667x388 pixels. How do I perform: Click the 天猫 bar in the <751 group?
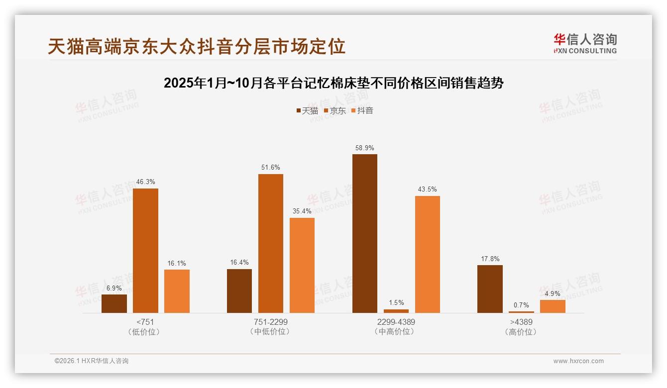[x=114, y=304]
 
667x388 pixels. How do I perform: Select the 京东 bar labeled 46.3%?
[x=145, y=251]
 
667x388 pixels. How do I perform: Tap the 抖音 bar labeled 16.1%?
[x=177, y=291]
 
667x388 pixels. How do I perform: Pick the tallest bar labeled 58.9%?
[x=365, y=234]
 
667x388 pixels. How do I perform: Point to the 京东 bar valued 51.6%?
[x=271, y=244]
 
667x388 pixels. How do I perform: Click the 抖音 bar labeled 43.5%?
[x=428, y=255]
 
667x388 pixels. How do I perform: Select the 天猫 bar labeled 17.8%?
[x=490, y=289]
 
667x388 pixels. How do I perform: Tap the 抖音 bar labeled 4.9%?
[x=553, y=306]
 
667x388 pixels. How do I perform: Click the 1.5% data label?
[x=396, y=302]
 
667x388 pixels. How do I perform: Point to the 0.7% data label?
[x=522, y=305]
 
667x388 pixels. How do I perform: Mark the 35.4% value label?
[x=302, y=211]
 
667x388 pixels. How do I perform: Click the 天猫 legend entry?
[x=307, y=110]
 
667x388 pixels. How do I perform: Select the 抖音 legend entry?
[x=362, y=110]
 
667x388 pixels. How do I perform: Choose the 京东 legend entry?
[x=334, y=110]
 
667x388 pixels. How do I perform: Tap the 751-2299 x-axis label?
[x=270, y=322]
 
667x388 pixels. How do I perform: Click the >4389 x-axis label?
[x=521, y=322]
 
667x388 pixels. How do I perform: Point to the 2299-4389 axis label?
[x=396, y=322]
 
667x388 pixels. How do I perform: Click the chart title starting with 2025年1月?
[x=333, y=83]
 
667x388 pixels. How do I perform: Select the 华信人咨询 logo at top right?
[x=585, y=44]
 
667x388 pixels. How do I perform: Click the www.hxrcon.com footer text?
[x=578, y=361]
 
